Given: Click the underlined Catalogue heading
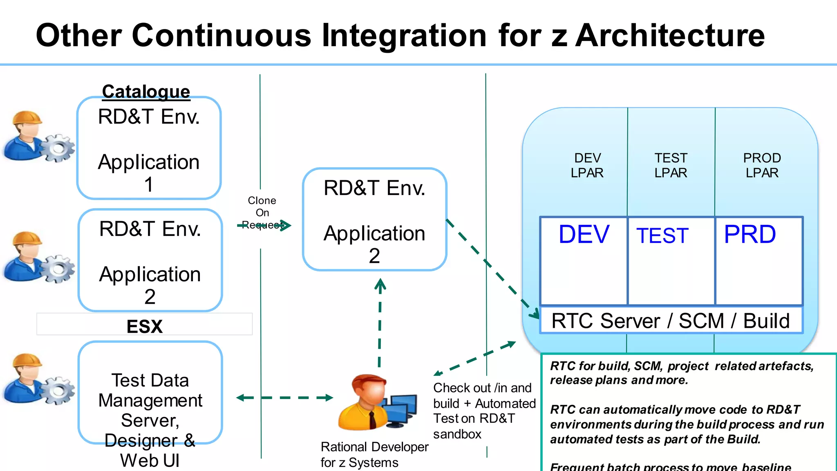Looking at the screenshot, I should pyautogui.click(x=146, y=92).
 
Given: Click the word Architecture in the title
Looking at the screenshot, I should pyautogui.click(x=670, y=36).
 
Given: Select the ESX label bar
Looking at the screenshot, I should pyautogui.click(x=144, y=325).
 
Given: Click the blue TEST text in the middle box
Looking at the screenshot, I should pyautogui.click(x=662, y=236).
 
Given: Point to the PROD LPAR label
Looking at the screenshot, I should pyautogui.click(x=761, y=165).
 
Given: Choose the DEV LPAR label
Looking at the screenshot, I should pyautogui.click(x=587, y=165).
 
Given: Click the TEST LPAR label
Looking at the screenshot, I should pyautogui.click(x=670, y=165).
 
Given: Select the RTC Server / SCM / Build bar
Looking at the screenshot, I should pyautogui.click(x=670, y=321).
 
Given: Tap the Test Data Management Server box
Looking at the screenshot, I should pyautogui.click(x=150, y=392).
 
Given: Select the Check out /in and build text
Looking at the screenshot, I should pyautogui.click(x=482, y=395).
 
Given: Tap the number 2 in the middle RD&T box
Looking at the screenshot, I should pyautogui.click(x=374, y=256).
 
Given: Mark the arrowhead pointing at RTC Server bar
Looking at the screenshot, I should pyautogui.click(x=535, y=314).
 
